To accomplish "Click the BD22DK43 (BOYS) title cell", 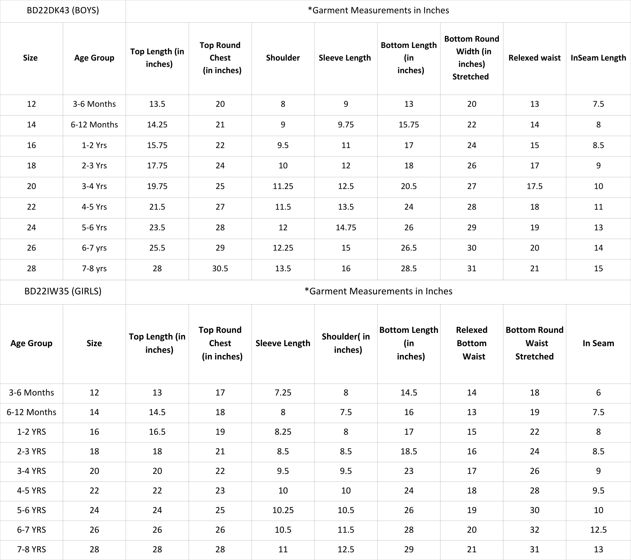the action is pos(63,10).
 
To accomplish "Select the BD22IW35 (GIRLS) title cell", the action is pos(63,291).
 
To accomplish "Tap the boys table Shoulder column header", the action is pos(283,58).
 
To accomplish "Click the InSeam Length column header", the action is pos(598,58).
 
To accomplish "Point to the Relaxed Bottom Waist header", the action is pos(472,343).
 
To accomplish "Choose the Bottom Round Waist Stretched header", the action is pos(535,343).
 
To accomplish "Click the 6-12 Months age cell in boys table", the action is pos(94,125).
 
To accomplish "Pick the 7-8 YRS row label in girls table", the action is pos(32,549).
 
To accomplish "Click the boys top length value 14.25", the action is pos(157,125).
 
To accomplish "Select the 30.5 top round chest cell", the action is pos(220,268).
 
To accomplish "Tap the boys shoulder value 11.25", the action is pos(283,186).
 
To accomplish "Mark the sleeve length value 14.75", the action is pos(346,227).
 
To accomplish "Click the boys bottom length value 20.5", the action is pos(409,186).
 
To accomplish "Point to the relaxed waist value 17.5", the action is pos(535,186).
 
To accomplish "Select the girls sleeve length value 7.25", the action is pos(283,392).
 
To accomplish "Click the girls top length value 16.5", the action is pos(157,432).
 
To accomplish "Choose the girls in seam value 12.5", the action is pos(598,530).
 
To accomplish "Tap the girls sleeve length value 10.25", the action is pos(283,510).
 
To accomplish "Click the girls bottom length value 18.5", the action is pos(409,451).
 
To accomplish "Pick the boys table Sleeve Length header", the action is pos(345,58).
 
